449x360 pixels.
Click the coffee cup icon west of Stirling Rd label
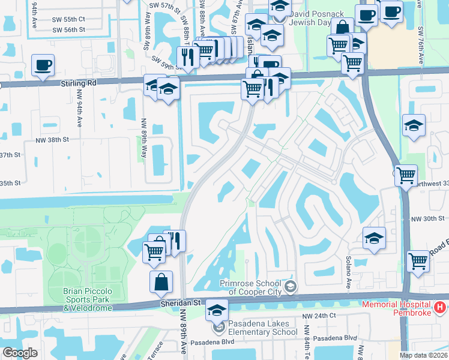pyautogui.click(x=43, y=65)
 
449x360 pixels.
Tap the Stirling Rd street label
pyautogui.click(x=78, y=83)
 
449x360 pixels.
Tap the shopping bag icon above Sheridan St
pyautogui.click(x=161, y=283)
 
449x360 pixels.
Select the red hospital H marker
pyautogui.click(x=439, y=308)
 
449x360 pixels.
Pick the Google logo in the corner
pyautogui.click(x=20, y=353)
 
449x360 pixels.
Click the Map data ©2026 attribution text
pyautogui.click(x=423, y=355)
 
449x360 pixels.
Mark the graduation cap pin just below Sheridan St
pyautogui.click(x=217, y=311)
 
